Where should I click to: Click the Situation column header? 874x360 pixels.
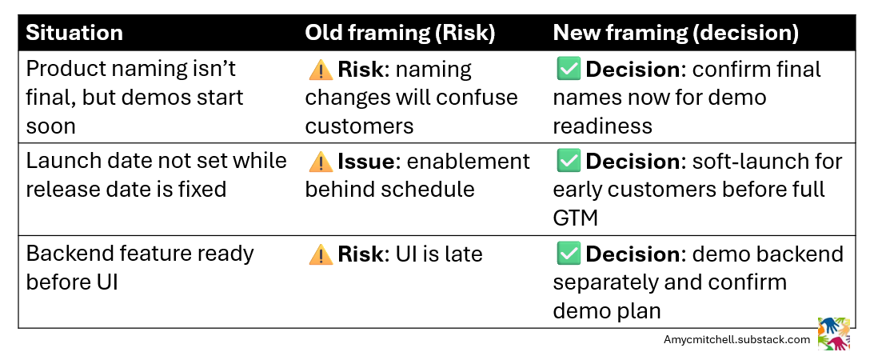(x=74, y=33)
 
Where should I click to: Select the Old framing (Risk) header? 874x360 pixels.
(x=400, y=33)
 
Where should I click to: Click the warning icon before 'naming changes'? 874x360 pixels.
(x=320, y=70)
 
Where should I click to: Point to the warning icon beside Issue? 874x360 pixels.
(x=320, y=162)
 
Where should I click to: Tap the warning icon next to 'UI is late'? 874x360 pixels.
(x=320, y=254)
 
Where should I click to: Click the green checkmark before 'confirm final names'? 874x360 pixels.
(x=568, y=70)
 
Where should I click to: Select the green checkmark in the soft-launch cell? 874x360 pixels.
(x=568, y=162)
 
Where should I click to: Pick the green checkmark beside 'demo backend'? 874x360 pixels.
(x=568, y=254)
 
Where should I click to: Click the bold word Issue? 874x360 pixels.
(x=366, y=162)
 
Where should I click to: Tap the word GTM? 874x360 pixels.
(x=575, y=218)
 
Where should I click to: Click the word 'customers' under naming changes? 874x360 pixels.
(x=359, y=126)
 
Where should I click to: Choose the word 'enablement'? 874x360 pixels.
(x=468, y=162)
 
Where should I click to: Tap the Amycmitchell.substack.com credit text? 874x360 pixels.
(x=736, y=340)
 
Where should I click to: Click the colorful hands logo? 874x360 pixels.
(x=833, y=334)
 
